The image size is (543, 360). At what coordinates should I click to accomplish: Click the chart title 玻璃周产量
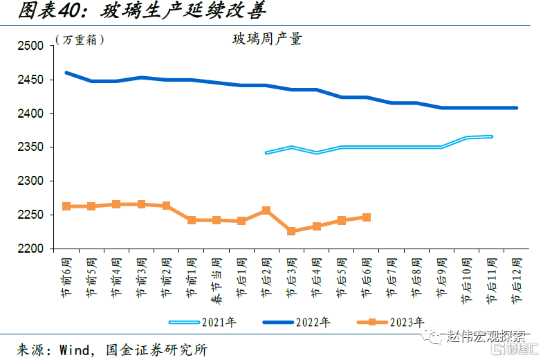click(267, 39)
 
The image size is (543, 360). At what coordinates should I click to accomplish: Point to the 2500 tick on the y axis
click(30, 46)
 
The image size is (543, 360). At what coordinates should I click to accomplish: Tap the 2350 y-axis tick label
click(30, 147)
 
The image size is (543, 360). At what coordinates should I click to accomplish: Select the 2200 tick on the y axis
click(30, 249)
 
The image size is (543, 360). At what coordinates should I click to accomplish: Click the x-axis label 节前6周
click(66, 277)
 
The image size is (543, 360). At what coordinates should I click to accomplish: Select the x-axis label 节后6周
click(367, 277)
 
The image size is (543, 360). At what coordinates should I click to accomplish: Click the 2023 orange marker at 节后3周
click(291, 231)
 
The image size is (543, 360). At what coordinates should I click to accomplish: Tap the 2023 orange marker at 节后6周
click(367, 217)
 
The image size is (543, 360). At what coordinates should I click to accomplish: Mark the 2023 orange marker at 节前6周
click(66, 206)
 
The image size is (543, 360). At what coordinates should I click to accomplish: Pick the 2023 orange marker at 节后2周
click(266, 210)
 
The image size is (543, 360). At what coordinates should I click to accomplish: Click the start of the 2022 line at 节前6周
click(66, 73)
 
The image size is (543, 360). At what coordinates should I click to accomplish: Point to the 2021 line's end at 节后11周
click(492, 136)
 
